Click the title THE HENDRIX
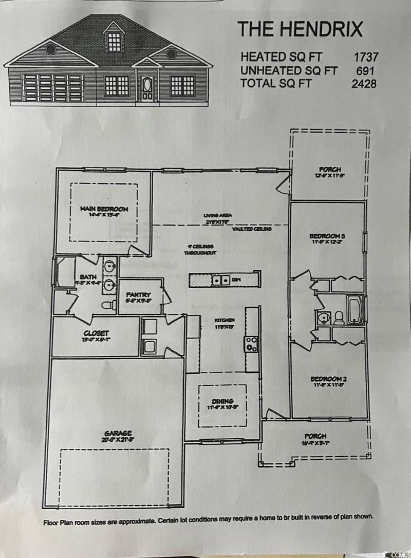coord(300,29)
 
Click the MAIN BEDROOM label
coord(104,209)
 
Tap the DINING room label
coord(222,401)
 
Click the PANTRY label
coord(138,295)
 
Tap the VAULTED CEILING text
coord(252,229)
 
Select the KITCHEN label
coord(225,320)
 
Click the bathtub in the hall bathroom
coord(356,309)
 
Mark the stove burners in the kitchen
coord(252,344)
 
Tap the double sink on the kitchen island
coord(221,280)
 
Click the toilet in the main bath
coord(108,305)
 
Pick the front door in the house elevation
coord(148,88)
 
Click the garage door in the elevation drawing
coord(52,87)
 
